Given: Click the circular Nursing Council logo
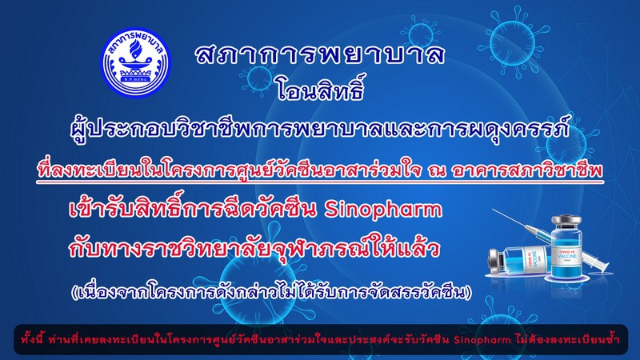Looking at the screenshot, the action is click(136, 62).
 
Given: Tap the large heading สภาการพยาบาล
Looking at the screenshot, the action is click(319, 54).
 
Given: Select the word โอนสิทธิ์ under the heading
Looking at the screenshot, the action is click(319, 88).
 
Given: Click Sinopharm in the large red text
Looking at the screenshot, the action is click(383, 210).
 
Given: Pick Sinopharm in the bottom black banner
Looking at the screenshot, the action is click(482, 339).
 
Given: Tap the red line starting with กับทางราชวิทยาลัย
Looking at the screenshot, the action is click(254, 248).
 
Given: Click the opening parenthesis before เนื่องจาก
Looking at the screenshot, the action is click(74, 292).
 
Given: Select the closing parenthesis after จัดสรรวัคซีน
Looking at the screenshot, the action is click(468, 292).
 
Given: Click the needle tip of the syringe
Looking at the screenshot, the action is click(492, 210).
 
